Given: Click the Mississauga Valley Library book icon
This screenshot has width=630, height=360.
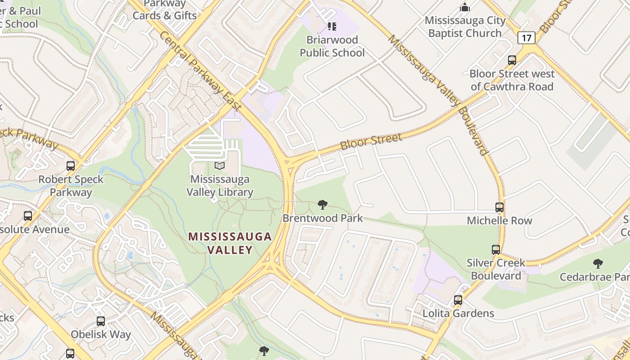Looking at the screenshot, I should click(220, 166).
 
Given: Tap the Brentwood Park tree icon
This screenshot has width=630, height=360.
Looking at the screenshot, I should click(322, 205).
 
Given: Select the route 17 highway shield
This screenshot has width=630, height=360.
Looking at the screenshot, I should click(526, 38).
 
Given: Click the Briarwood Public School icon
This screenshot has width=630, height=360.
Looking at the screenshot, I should click(332, 27).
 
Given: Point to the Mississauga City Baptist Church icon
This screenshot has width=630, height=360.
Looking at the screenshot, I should click(465, 7).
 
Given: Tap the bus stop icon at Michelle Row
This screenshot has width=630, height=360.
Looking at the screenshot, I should click(499, 207).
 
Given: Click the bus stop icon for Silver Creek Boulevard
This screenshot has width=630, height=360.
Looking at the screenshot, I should click(496, 249).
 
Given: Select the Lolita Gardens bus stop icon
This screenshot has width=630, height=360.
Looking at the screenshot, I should click(458, 300).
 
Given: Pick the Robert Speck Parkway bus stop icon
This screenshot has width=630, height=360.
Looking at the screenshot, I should click(71, 166).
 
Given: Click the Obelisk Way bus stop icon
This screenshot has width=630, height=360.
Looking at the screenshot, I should click(101, 321).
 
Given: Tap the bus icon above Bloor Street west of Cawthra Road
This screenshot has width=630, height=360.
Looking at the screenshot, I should click(512, 60).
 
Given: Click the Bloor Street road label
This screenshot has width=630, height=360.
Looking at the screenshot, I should click(371, 142).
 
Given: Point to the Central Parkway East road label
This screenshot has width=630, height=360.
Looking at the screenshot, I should click(200, 71).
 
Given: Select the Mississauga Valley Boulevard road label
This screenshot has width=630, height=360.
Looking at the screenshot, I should click(438, 94).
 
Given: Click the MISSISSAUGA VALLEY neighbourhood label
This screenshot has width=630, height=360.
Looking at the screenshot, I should click(229, 243).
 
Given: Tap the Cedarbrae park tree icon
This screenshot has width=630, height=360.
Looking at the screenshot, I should click(598, 263).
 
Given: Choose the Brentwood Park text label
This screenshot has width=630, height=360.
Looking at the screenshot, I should click(322, 218).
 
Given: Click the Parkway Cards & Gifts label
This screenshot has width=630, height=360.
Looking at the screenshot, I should click(165, 9).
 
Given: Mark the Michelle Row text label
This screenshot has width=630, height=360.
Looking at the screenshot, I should click(499, 220).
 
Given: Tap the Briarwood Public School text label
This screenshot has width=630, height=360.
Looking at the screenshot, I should click(332, 46).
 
